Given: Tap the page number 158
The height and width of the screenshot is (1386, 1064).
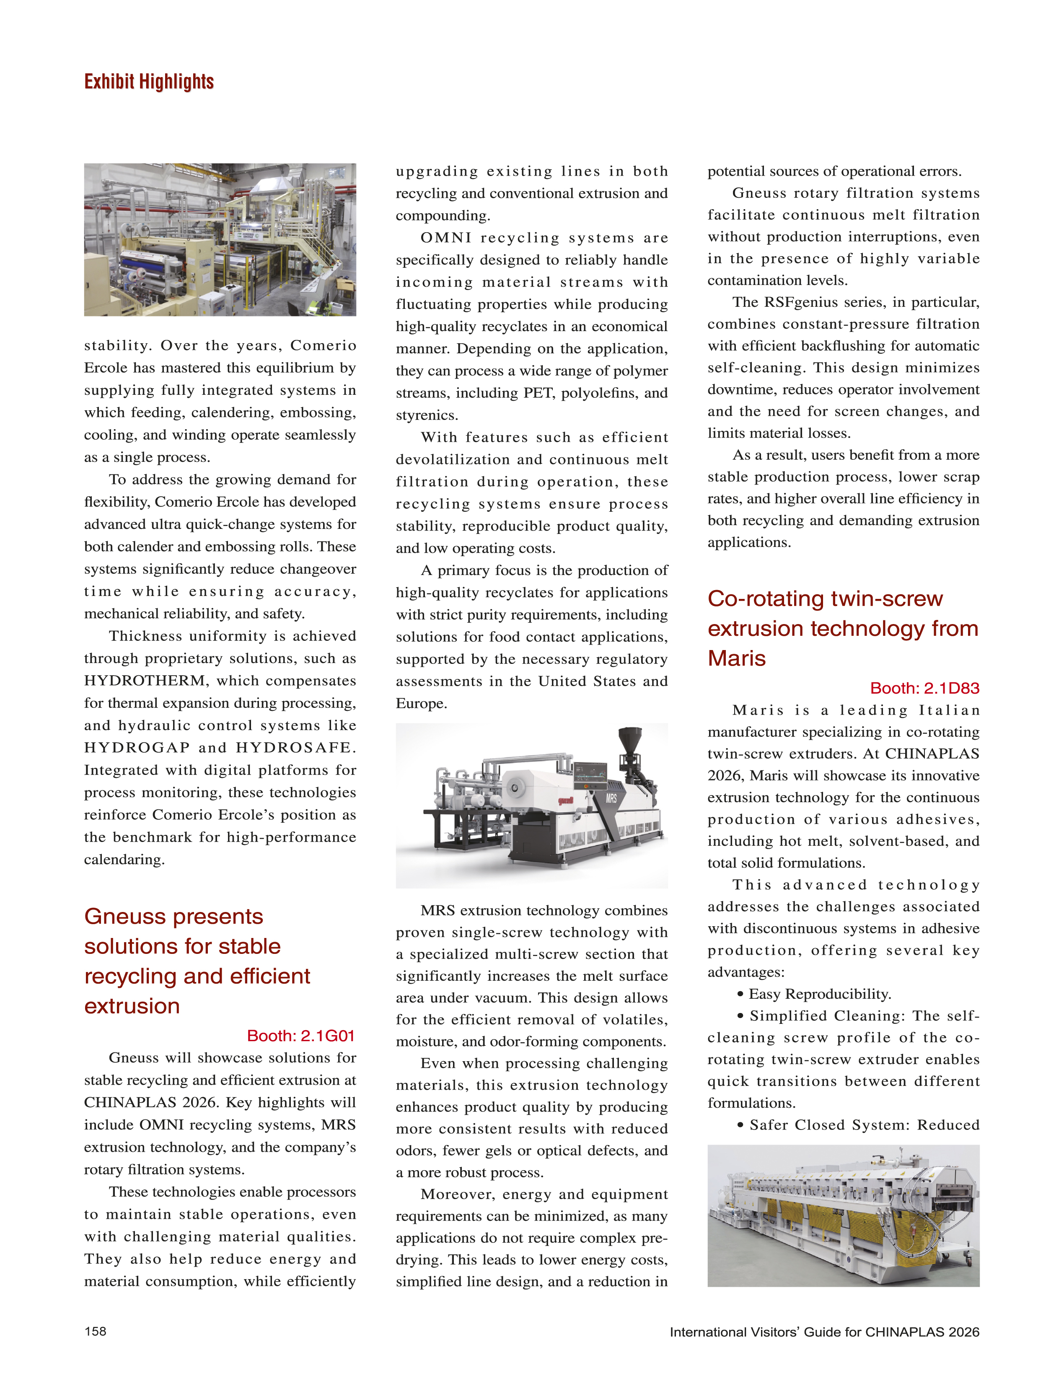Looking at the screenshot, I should [x=95, y=1331].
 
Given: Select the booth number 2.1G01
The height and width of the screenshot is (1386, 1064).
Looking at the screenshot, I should [x=301, y=1036].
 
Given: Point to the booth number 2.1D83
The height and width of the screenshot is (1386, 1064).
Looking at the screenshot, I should [x=925, y=688].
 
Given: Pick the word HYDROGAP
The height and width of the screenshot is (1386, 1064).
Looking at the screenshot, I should [x=137, y=747].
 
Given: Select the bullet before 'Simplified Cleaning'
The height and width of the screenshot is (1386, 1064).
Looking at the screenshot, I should [x=740, y=1016].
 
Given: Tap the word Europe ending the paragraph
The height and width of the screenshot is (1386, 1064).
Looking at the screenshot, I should [x=421, y=703].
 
